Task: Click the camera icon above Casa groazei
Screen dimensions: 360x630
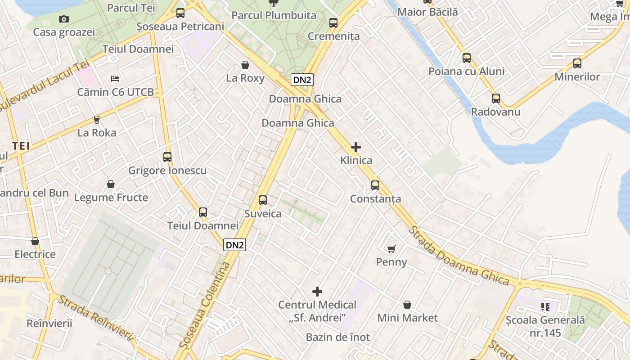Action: click(x=64, y=19)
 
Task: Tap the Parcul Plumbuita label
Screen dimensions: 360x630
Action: click(x=274, y=15)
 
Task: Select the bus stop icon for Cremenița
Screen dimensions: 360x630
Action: click(x=333, y=23)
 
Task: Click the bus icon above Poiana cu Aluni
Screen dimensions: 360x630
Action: click(x=467, y=58)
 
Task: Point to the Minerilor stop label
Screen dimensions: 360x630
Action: click(x=577, y=77)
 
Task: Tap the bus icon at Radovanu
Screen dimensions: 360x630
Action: click(x=496, y=99)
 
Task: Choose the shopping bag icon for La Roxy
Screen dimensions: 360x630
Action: click(x=245, y=65)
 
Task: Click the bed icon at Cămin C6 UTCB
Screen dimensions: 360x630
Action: click(x=115, y=79)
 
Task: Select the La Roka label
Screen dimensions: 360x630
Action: click(x=97, y=133)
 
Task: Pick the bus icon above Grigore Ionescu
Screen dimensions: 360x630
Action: click(x=167, y=157)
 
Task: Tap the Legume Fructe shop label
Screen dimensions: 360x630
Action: click(x=111, y=198)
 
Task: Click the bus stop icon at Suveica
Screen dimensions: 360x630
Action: click(x=263, y=200)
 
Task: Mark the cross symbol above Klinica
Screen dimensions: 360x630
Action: click(x=356, y=147)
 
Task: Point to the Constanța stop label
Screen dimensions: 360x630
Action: click(x=375, y=199)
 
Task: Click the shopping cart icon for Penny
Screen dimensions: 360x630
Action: click(x=391, y=249)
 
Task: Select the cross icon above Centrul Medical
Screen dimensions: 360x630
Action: click(x=317, y=292)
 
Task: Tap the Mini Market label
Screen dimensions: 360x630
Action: click(x=407, y=318)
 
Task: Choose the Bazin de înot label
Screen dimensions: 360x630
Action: click(x=337, y=337)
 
